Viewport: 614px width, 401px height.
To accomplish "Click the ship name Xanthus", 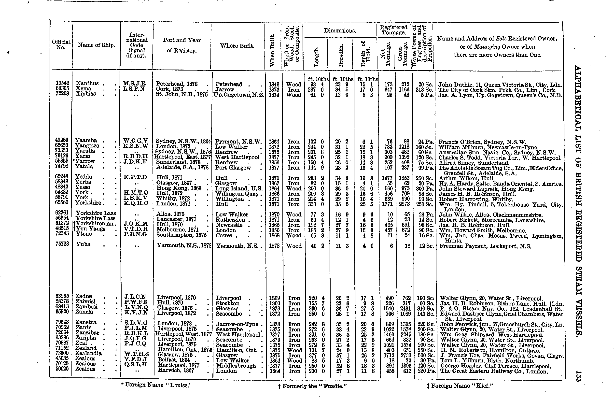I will click(x=87, y=84).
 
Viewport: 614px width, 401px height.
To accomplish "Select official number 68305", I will click(x=62, y=88).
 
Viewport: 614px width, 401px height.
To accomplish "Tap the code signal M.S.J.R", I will click(x=134, y=84).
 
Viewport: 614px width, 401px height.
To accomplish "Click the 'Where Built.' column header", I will click(x=237, y=46).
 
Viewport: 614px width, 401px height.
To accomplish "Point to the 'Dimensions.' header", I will click(x=340, y=31).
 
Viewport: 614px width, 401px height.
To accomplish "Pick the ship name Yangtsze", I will click(x=87, y=146).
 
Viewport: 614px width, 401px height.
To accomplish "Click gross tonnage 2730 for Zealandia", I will click(x=405, y=356).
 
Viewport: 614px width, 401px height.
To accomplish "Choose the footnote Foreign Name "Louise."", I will click(x=157, y=385).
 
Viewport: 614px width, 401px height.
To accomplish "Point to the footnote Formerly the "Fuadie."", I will click(x=312, y=386).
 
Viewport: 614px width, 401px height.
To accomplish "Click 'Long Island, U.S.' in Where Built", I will click(x=239, y=189).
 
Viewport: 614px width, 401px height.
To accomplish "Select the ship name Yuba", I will click(x=83, y=244).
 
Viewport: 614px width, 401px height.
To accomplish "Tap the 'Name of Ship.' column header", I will click(x=96, y=45).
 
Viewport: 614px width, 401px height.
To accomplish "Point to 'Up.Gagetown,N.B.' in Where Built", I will click(x=239, y=95).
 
